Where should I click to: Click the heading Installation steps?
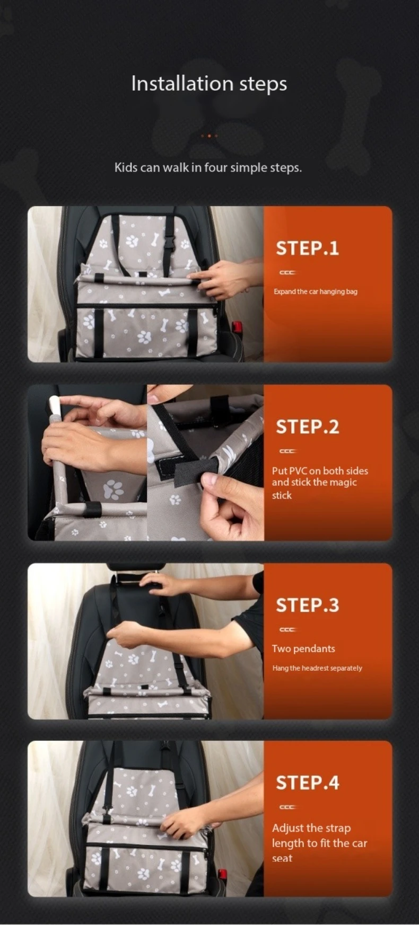click(209, 84)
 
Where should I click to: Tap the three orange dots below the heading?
click(209, 136)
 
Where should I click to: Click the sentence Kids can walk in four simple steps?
click(208, 167)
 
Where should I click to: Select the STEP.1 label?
click(307, 248)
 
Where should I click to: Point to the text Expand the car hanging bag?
click(316, 291)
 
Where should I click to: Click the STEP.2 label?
click(307, 426)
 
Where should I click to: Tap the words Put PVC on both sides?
click(320, 470)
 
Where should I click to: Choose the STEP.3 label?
click(307, 605)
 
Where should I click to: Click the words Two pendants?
click(303, 648)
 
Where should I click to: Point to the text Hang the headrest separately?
click(317, 668)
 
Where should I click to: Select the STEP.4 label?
click(307, 782)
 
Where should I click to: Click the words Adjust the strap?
click(311, 828)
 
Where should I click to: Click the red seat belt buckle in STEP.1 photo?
click(237, 327)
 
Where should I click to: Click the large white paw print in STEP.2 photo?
click(112, 490)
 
